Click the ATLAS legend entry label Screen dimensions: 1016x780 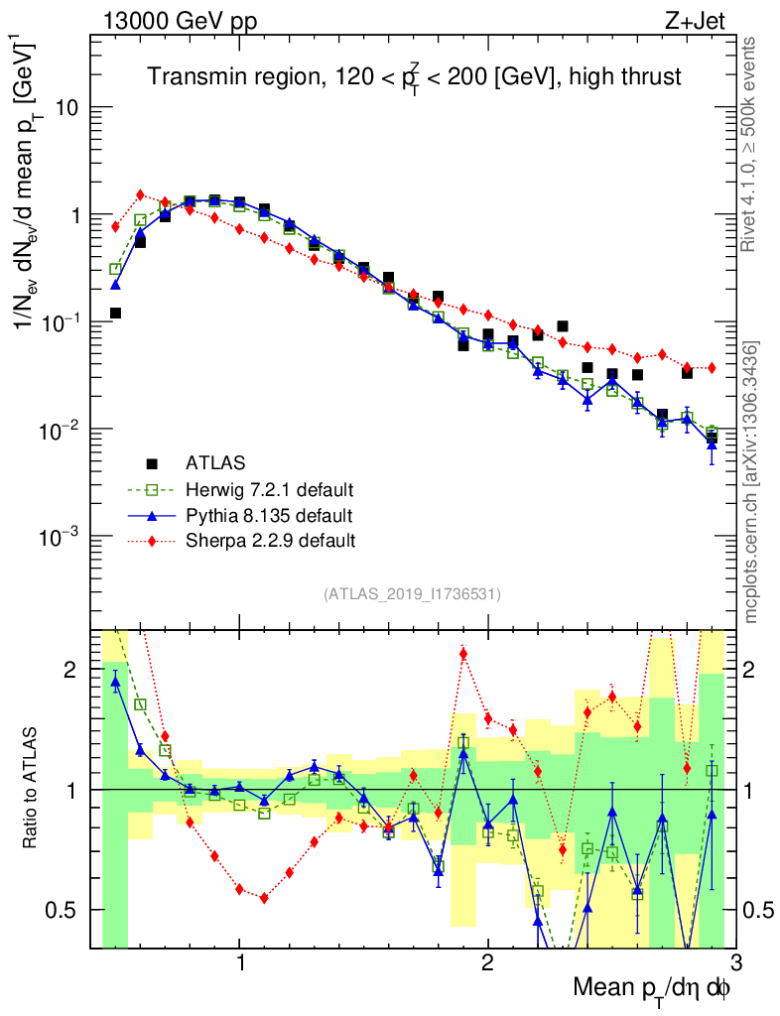tap(214, 462)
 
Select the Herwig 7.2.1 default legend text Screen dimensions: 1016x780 tap(270, 489)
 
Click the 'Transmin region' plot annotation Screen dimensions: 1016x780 tap(415, 76)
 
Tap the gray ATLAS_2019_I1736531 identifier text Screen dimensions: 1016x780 tap(412, 594)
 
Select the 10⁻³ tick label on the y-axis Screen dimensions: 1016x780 tap(62, 537)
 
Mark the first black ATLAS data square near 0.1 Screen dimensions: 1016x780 tap(115, 314)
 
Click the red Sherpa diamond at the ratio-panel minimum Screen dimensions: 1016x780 tap(264, 898)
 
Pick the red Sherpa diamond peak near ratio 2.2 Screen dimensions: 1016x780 tap(463, 653)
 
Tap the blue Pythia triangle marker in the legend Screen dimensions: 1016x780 tap(152, 515)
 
